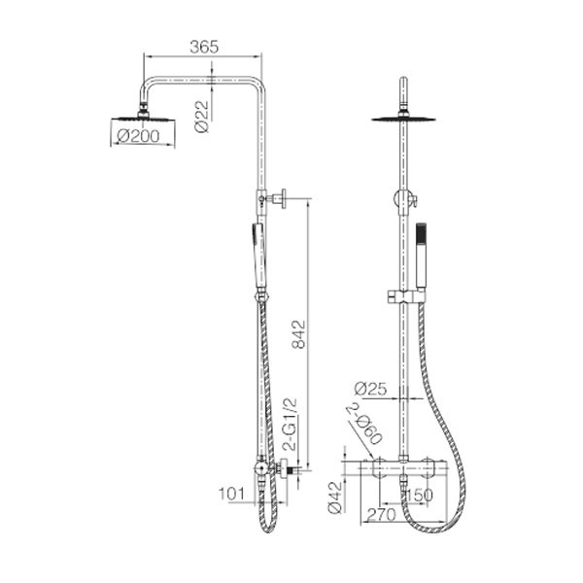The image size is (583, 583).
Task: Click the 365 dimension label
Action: click(204, 47)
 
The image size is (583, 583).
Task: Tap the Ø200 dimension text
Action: click(138, 136)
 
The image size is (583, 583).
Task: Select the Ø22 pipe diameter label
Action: click(202, 117)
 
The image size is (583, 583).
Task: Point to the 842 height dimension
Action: click(298, 334)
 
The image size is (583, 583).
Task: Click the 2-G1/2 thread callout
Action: click(291, 424)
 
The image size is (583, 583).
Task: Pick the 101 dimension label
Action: click(231, 494)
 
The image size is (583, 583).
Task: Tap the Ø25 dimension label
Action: click(370, 389)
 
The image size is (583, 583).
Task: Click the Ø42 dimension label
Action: click(335, 497)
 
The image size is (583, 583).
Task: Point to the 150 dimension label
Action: click(420, 495)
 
